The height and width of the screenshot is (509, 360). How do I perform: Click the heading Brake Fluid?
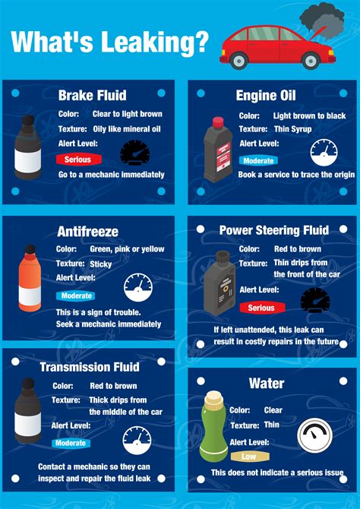coord(92,95)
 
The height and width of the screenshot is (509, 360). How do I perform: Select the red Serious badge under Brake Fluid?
coord(77,160)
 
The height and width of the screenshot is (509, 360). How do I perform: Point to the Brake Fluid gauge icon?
coord(134,153)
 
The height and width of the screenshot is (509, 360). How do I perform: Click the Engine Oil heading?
coord(266,95)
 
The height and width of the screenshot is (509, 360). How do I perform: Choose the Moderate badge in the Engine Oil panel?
coord(259,160)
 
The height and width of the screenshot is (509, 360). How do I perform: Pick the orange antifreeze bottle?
coord(31,280)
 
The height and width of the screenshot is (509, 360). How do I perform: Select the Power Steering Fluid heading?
coord(273,230)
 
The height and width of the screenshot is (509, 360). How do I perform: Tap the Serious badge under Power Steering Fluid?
coord(261,308)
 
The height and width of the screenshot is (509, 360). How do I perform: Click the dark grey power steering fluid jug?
coord(219,282)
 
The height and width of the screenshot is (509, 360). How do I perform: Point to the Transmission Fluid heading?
coord(90,367)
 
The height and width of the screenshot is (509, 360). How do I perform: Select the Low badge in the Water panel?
coord(249,457)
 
